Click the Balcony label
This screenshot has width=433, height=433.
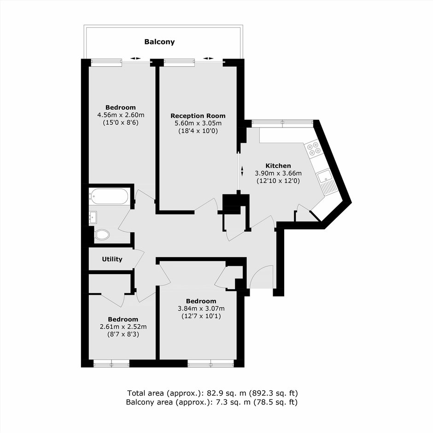(x=160, y=42)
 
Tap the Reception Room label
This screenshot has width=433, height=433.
(x=198, y=116)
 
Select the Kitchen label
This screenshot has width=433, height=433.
(x=278, y=166)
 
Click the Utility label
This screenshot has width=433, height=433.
(x=112, y=259)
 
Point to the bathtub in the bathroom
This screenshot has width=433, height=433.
(x=109, y=196)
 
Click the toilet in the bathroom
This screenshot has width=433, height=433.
(x=102, y=235)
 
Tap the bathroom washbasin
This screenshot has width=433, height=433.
(x=93, y=217)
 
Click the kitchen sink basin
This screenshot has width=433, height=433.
(x=324, y=176)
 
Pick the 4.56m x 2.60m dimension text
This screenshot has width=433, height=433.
(x=121, y=115)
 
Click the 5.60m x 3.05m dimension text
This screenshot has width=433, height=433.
(x=198, y=123)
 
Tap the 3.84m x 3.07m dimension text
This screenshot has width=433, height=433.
(x=201, y=309)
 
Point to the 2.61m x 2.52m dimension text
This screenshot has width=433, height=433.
(x=123, y=327)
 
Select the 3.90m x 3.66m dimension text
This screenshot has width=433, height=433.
(x=278, y=173)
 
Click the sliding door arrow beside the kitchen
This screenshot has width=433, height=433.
(x=242, y=171)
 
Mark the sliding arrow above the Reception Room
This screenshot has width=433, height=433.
(x=209, y=58)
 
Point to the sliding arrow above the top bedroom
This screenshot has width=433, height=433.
(x=135, y=58)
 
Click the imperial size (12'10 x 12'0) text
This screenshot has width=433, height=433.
(x=278, y=181)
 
